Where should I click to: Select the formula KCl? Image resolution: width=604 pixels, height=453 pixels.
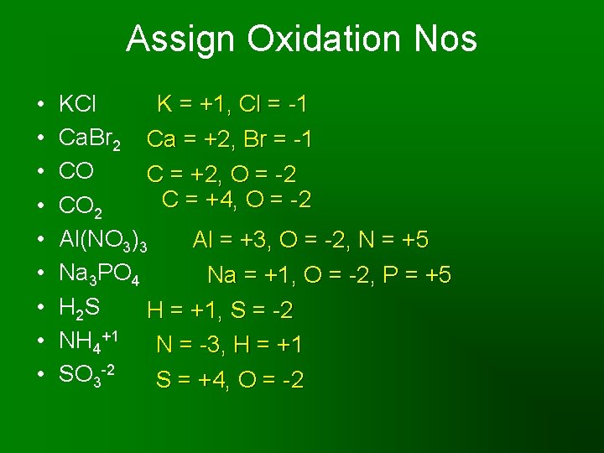coord(78,105)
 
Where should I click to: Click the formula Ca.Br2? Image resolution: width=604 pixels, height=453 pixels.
coord(90,139)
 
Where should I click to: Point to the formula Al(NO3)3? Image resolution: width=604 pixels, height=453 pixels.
coord(104,242)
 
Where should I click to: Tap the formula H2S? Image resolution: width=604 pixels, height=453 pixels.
coord(80,309)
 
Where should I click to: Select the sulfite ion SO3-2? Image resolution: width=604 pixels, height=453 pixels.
coord(86,377)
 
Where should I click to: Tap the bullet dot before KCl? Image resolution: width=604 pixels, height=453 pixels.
coord(41,106)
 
